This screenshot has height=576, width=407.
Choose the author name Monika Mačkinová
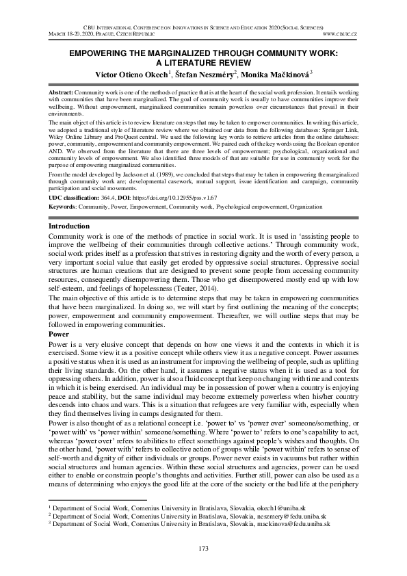(x=272, y=74)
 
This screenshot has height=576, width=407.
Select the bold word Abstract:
(x=62, y=91)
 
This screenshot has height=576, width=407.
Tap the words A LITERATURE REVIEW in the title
(x=203, y=61)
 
